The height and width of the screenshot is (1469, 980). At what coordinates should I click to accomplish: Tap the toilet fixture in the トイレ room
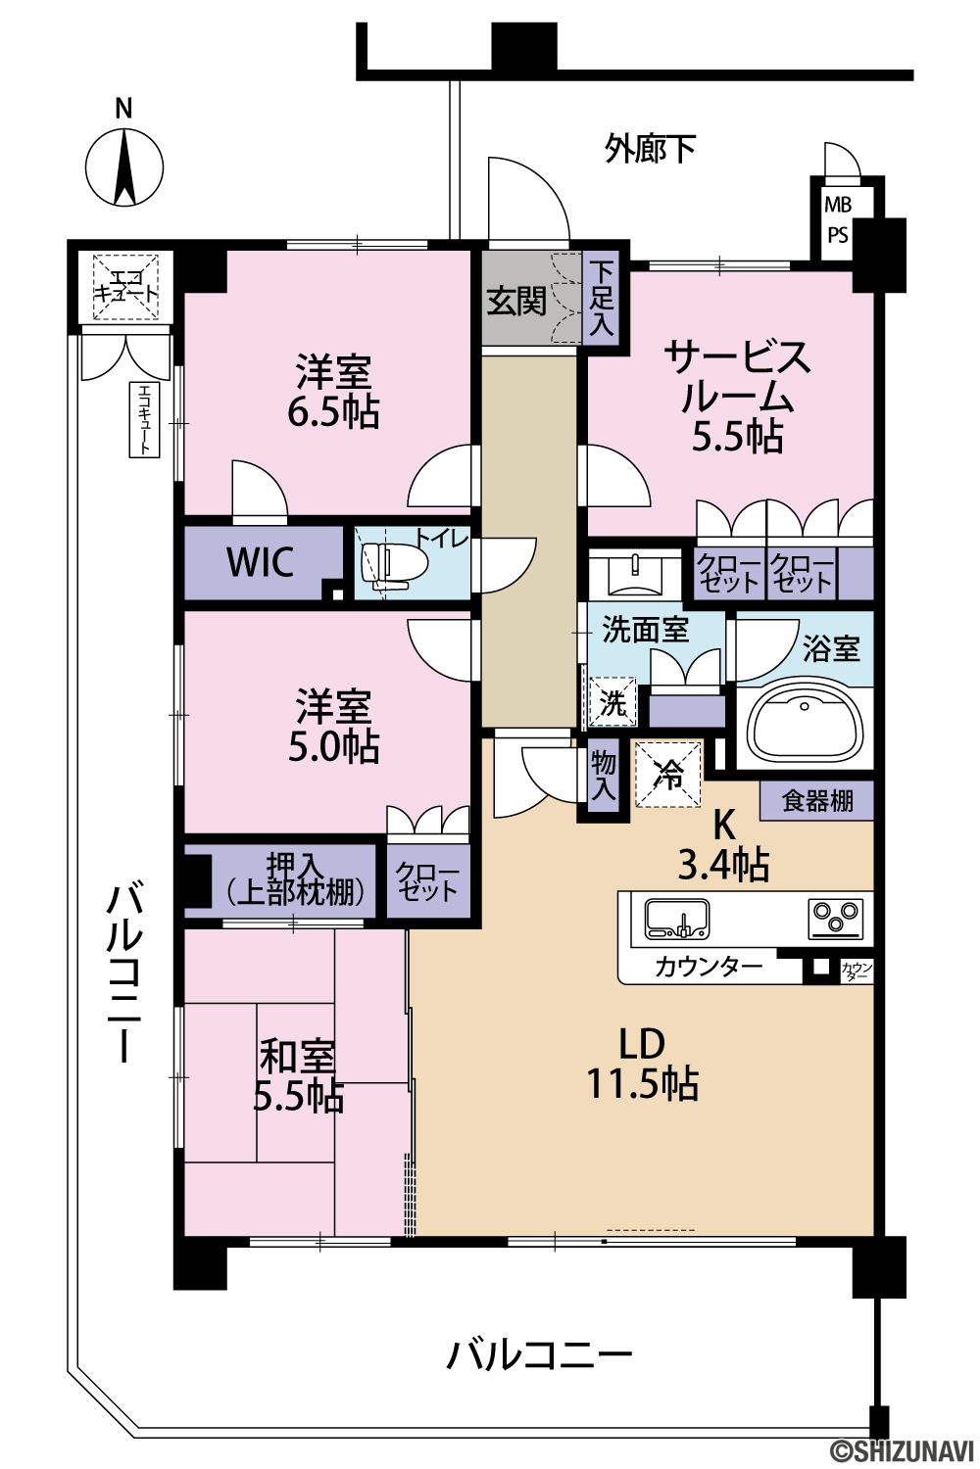pyautogui.click(x=395, y=563)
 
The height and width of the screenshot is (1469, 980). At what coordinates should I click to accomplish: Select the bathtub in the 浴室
pyautogui.click(x=805, y=727)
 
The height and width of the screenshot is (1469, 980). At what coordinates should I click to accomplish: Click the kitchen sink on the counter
pyautogui.click(x=677, y=919)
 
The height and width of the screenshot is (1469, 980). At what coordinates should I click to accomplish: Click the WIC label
pyautogui.click(x=260, y=562)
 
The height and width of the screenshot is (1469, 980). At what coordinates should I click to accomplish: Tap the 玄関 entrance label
pyautogui.click(x=516, y=302)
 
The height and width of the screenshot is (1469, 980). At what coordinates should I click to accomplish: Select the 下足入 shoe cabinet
pyautogui.click(x=602, y=299)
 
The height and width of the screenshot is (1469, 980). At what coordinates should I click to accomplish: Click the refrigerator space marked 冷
pyautogui.click(x=668, y=774)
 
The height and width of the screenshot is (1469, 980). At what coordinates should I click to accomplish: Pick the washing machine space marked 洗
pyautogui.click(x=613, y=702)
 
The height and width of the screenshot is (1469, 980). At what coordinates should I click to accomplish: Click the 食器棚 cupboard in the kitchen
pyautogui.click(x=816, y=801)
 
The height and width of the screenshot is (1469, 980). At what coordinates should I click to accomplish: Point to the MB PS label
pyautogui.click(x=838, y=219)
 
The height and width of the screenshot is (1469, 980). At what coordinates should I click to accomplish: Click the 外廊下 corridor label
pyautogui.click(x=650, y=149)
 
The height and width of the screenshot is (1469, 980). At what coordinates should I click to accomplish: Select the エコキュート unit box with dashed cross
pyautogui.click(x=125, y=287)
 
